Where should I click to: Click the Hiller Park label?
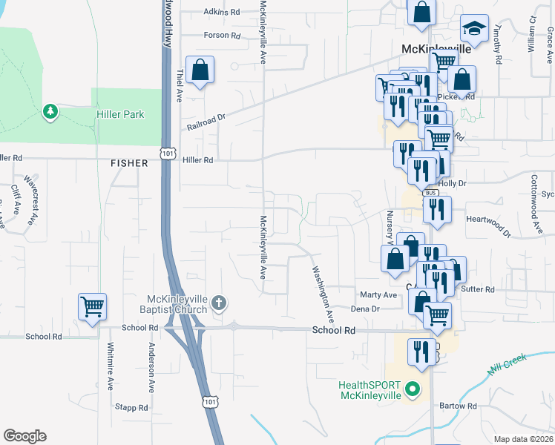(120, 114)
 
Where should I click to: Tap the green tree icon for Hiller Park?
(50, 112)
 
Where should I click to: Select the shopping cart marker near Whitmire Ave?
(92, 306)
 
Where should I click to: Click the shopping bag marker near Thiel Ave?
(200, 70)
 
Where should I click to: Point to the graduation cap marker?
(474, 30)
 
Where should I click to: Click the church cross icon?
(218, 303)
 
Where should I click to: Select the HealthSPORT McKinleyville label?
(370, 390)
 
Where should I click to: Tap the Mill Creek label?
(507, 366)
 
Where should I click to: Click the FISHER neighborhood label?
(125, 162)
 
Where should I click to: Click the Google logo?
(24, 436)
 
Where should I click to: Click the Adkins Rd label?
(223, 13)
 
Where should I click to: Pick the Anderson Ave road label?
(151, 366)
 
